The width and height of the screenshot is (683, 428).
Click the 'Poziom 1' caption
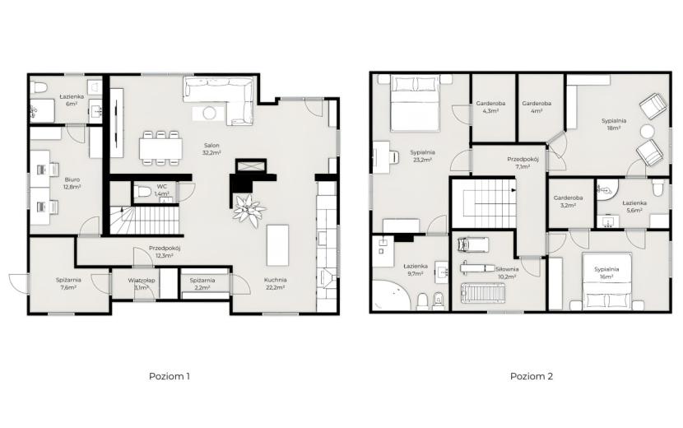170,376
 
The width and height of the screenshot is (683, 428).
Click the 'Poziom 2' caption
532,376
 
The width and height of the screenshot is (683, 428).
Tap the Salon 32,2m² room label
211,149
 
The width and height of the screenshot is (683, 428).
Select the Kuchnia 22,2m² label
276,284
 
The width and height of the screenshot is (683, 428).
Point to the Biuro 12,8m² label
72,183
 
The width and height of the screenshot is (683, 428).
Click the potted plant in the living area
249,211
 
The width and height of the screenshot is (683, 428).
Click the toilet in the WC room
142,191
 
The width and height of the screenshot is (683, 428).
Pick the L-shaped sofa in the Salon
218,100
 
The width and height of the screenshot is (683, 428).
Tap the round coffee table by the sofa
210,114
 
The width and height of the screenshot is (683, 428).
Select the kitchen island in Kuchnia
277,245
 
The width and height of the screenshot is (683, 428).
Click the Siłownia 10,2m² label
507,272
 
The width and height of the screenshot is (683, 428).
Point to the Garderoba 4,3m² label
490,107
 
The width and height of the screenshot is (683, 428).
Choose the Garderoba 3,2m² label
568,201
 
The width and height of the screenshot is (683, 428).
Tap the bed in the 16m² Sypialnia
607,281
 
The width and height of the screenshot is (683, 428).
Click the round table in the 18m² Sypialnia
648,132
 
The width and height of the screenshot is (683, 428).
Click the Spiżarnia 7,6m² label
68,284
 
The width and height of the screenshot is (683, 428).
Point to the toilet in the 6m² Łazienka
39,87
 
